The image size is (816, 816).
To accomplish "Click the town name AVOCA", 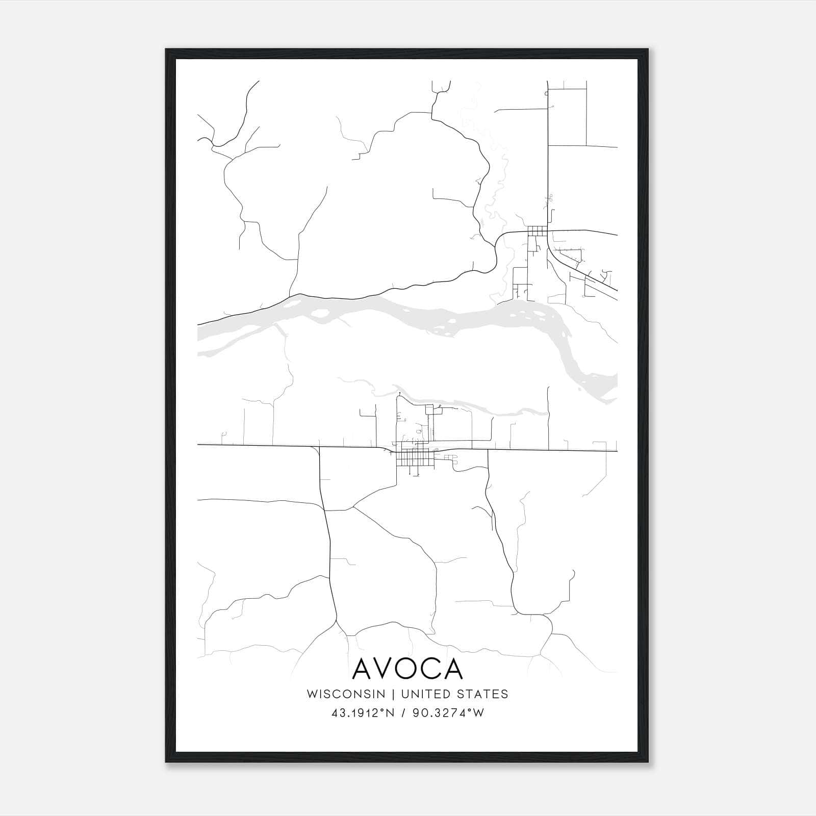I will coord(407,669).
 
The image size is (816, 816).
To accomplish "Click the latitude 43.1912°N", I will coord(363,713).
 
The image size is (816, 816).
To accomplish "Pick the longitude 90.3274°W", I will coord(449,713).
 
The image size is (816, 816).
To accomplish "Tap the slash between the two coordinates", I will coord(403,713).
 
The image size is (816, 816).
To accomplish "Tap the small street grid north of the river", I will coord(537,231).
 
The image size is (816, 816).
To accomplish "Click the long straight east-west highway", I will coord(255,446).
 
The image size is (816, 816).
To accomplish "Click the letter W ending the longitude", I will coord(478,713).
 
